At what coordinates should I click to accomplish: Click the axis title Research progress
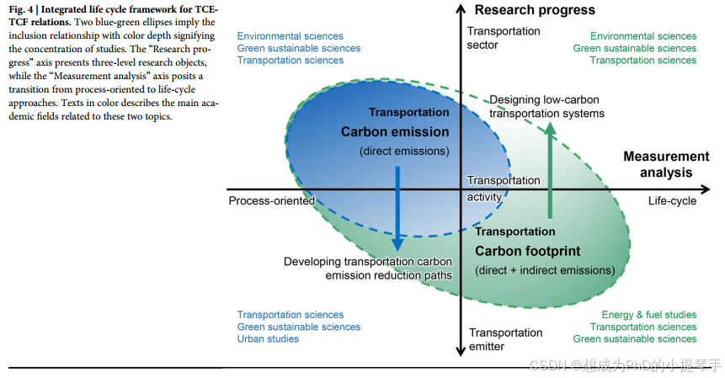click(535, 10)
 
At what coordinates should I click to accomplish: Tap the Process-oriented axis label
click(271, 201)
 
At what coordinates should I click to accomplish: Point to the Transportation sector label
click(504, 38)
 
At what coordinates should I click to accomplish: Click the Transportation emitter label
click(505, 339)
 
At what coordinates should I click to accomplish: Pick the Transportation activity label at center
click(504, 189)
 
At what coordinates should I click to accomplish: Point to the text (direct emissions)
click(404, 152)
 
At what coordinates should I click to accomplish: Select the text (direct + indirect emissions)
click(545, 270)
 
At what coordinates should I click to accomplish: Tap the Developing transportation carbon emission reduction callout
click(367, 268)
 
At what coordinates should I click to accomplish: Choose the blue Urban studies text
click(268, 339)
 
